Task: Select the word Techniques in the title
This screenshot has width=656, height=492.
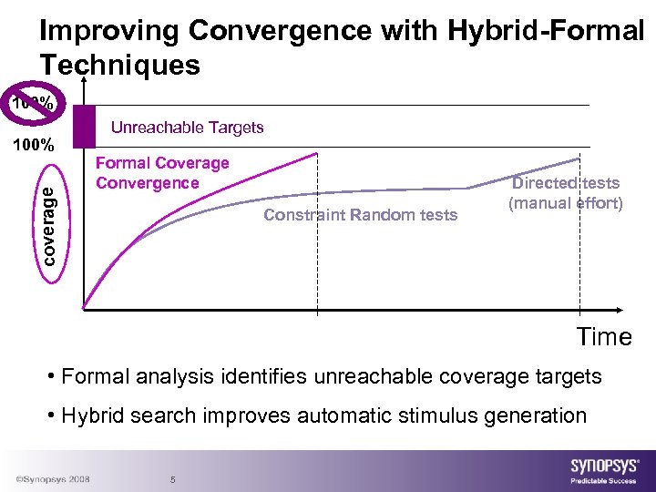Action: point(119,65)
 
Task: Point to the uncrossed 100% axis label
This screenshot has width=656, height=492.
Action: point(33,144)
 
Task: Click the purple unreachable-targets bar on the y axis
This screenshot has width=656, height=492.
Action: point(84,126)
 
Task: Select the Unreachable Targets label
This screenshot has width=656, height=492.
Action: point(187,128)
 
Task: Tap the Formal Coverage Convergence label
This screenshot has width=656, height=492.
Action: point(162,173)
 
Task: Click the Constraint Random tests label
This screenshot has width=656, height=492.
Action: point(360,215)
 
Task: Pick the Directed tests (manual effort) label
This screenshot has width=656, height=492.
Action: point(565,193)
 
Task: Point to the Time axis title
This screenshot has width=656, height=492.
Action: point(603,337)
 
